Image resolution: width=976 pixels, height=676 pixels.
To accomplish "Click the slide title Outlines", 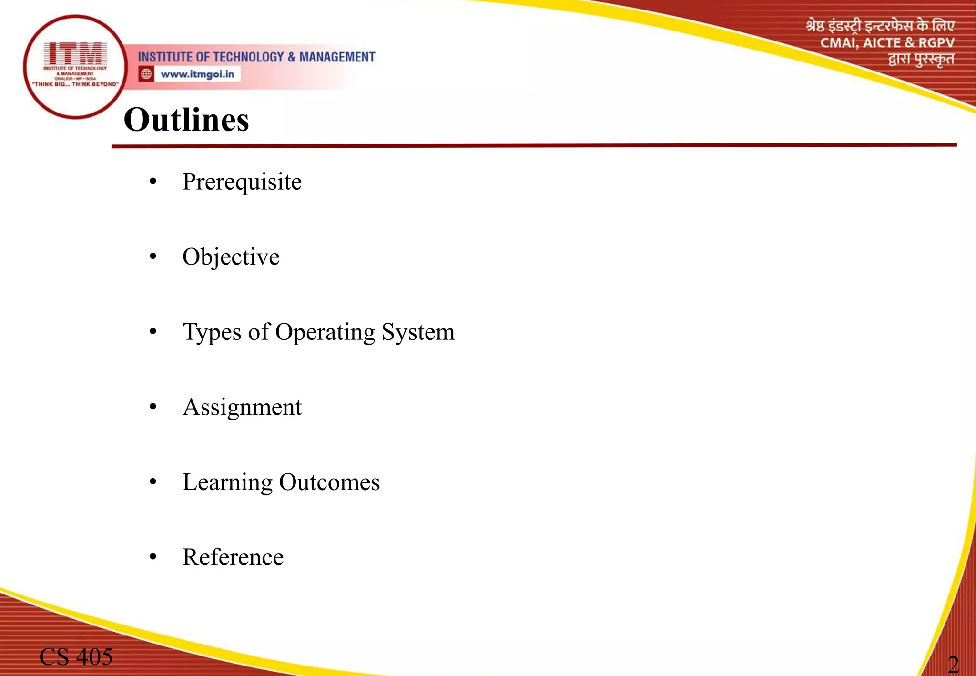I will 186,120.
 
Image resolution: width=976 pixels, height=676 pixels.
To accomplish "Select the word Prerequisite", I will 242,182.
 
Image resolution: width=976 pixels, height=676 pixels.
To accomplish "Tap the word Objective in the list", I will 231,257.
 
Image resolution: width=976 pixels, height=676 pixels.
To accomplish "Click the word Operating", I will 325,332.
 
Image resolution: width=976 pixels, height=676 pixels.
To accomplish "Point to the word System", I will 418,332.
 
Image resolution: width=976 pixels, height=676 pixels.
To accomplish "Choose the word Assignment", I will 242,408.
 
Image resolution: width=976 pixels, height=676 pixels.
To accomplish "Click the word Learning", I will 227,482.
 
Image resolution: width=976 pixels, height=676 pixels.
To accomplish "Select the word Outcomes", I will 329,482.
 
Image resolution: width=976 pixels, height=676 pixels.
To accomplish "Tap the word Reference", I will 233,557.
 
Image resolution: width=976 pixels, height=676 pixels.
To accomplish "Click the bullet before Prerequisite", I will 152,182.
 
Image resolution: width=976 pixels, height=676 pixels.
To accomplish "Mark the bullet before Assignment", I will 152,407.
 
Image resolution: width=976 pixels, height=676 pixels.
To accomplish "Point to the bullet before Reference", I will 152,557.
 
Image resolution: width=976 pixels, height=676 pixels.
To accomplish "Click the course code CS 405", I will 76,657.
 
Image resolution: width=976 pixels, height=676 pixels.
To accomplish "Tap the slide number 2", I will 953,664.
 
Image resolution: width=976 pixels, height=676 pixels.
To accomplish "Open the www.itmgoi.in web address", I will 197,74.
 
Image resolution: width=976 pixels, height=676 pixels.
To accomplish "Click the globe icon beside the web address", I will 146,74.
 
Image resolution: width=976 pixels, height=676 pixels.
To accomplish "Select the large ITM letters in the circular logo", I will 75,53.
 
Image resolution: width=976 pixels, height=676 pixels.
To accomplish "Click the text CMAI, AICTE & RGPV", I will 887,43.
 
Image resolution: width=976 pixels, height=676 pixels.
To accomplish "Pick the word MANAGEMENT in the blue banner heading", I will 337,57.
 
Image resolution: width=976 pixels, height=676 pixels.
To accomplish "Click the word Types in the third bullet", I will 212,332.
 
